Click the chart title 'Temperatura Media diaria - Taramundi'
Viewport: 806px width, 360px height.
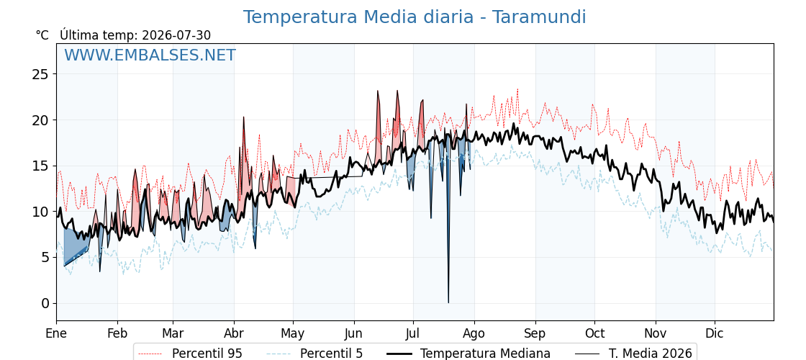[x=415, y=17]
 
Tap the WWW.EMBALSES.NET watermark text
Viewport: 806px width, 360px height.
[x=150, y=55]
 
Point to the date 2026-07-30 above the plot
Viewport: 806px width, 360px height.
[x=176, y=35]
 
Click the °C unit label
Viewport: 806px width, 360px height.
[x=42, y=35]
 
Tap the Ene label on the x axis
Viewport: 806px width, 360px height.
[x=56, y=333]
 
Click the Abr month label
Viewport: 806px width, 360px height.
[x=234, y=333]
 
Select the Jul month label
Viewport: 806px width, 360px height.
[x=413, y=333]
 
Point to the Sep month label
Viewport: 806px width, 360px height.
[x=535, y=333]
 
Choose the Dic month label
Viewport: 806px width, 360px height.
[x=715, y=333]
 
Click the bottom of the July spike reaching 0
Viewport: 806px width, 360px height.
[x=448, y=302]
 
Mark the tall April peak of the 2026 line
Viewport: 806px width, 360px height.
[x=244, y=117]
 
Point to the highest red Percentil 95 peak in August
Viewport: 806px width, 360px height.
[x=517, y=89]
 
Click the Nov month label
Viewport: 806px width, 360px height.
[x=656, y=333]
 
